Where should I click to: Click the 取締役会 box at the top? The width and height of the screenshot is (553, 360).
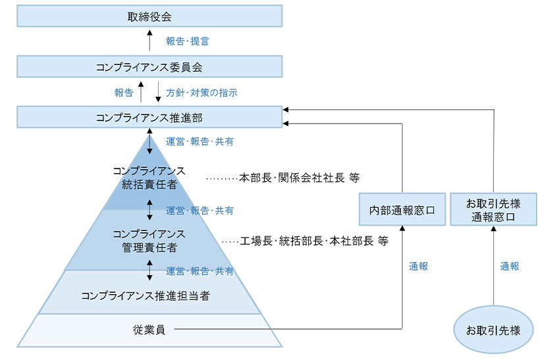pos(149,16)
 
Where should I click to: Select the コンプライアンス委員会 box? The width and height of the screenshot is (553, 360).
pos(149,66)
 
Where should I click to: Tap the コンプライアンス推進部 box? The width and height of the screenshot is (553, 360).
pos(149,117)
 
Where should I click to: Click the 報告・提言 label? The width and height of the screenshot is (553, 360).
pos(188,41)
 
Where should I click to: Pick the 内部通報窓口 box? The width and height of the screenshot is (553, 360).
pos(402,210)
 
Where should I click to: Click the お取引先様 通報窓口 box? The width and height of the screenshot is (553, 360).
pos(492,210)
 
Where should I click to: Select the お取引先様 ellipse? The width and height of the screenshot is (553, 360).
pos(492,330)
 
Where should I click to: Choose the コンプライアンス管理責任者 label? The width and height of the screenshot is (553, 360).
pos(149,241)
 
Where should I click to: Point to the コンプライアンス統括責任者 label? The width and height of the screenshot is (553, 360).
pos(149,178)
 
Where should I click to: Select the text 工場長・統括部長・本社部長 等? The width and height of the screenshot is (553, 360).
pos(314,241)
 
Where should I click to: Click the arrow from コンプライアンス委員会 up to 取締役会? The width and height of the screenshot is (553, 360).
pos(149,41)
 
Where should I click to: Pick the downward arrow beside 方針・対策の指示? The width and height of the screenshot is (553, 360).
pos(158,92)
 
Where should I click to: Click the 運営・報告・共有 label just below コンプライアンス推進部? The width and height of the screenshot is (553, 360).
pos(199,141)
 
